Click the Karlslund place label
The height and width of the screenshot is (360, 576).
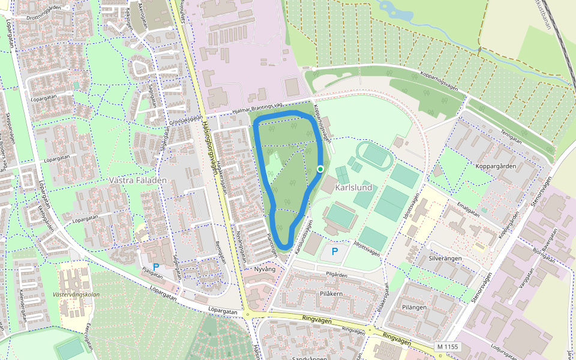(x=353, y=188)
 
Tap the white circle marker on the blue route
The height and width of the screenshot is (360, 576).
(x=320, y=169)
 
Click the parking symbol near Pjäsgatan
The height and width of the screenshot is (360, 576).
(x=156, y=266)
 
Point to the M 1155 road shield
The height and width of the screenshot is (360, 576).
(x=448, y=347)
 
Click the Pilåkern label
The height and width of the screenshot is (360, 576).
(x=331, y=294)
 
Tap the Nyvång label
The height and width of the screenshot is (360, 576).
(x=264, y=269)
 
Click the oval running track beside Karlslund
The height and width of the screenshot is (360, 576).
(x=375, y=155)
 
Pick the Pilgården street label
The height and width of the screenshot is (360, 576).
(x=337, y=274)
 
